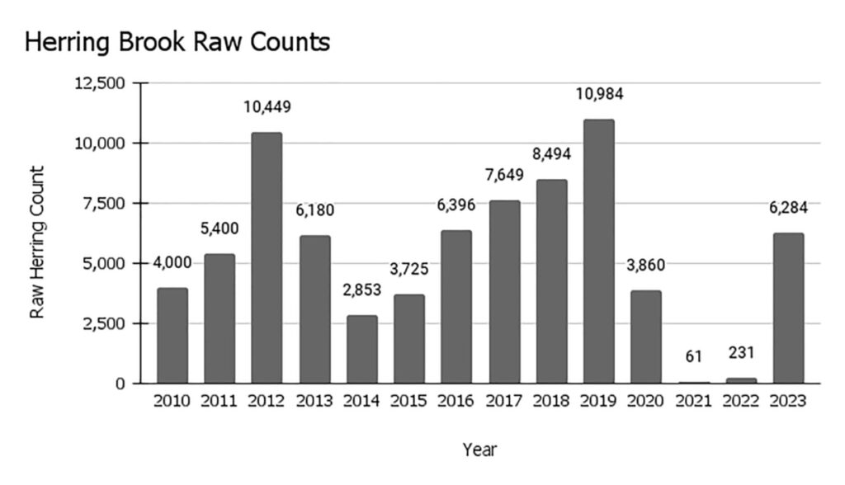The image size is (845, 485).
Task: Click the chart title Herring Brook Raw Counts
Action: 177,42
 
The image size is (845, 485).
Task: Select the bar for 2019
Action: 598,252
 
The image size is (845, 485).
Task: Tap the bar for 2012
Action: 267,258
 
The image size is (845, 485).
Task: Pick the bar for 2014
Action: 361,349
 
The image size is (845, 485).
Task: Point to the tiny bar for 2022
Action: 740,381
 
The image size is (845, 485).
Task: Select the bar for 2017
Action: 503,291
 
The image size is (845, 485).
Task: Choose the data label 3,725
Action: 408,270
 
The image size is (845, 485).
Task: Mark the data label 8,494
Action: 551,154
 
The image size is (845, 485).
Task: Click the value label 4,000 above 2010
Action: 172,263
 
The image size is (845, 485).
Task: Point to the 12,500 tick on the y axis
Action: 100,83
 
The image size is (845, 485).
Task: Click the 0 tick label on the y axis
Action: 120,384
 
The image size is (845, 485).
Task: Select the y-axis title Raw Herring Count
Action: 37,242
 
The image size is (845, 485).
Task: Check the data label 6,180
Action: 314,210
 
